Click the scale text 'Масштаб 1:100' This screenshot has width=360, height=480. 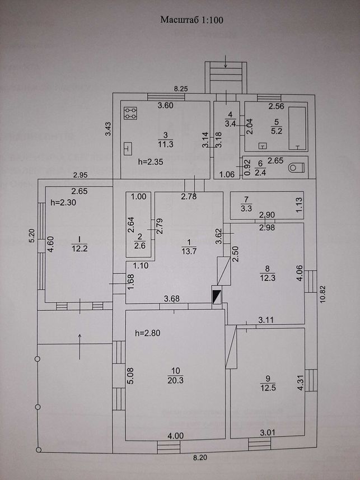[x=192, y=20]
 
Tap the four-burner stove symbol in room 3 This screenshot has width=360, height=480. [x=130, y=113]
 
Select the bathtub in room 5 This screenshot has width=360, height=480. [x=297, y=129]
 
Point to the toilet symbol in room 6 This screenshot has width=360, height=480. [x=297, y=167]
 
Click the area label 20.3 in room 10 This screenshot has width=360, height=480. [x=175, y=380]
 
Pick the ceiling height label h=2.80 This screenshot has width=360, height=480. [x=148, y=333]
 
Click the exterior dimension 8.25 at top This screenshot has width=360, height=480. [x=181, y=89]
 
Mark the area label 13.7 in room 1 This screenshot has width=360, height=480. [x=189, y=251]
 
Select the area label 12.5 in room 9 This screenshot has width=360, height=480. [x=268, y=388]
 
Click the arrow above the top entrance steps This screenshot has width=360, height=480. [x=226, y=61]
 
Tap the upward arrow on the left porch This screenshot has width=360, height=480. [x=80, y=346]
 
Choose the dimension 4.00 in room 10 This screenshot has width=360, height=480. [x=175, y=436]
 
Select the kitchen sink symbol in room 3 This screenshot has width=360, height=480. [x=128, y=149]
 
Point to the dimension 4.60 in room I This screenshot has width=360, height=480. [x=51, y=244]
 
